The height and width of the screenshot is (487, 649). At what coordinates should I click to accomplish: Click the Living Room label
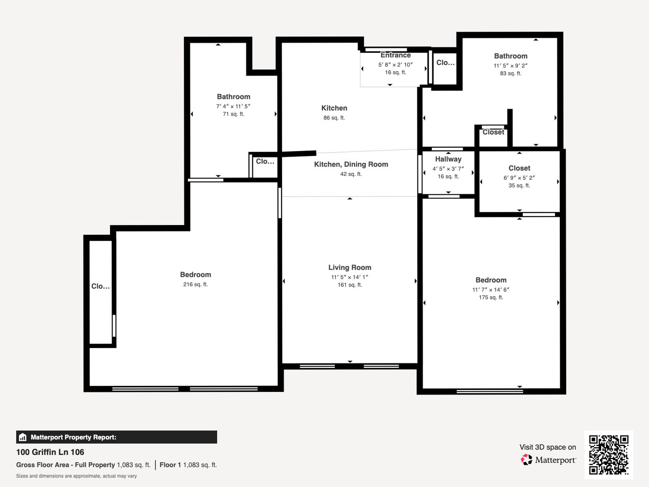[350, 267]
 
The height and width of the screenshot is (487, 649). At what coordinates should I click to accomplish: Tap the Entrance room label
[395, 55]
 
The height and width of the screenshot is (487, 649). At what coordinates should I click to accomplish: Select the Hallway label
[448, 159]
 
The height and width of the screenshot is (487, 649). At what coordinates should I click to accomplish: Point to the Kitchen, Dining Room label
[351, 165]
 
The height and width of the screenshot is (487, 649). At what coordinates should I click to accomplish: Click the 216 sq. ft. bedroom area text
[196, 284]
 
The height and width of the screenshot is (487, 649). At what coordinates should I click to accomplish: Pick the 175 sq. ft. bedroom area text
[491, 297]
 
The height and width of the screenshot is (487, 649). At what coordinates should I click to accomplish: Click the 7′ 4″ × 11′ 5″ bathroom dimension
[233, 106]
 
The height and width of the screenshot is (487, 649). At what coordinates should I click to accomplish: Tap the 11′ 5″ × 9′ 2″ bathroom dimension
[511, 66]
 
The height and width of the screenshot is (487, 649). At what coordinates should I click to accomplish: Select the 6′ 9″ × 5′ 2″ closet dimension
[519, 178]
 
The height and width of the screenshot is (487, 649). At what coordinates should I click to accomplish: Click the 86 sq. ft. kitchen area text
[334, 118]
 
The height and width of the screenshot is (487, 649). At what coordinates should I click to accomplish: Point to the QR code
[609, 455]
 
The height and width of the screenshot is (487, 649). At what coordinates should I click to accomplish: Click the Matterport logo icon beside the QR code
[526, 459]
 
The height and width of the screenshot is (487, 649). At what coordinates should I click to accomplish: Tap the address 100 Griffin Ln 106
[50, 452]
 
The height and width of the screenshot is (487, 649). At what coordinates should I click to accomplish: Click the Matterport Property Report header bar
[116, 437]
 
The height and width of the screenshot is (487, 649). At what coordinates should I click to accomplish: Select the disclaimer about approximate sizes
[76, 476]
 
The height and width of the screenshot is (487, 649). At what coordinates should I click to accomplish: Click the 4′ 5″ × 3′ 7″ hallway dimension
[448, 169]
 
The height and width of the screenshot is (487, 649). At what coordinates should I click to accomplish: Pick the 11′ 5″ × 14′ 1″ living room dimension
[350, 277]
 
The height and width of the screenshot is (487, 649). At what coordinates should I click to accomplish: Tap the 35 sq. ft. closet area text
[519, 185]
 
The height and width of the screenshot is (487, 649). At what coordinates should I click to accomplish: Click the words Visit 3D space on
[548, 447]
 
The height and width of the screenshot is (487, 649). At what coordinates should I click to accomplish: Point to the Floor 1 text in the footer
[170, 465]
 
